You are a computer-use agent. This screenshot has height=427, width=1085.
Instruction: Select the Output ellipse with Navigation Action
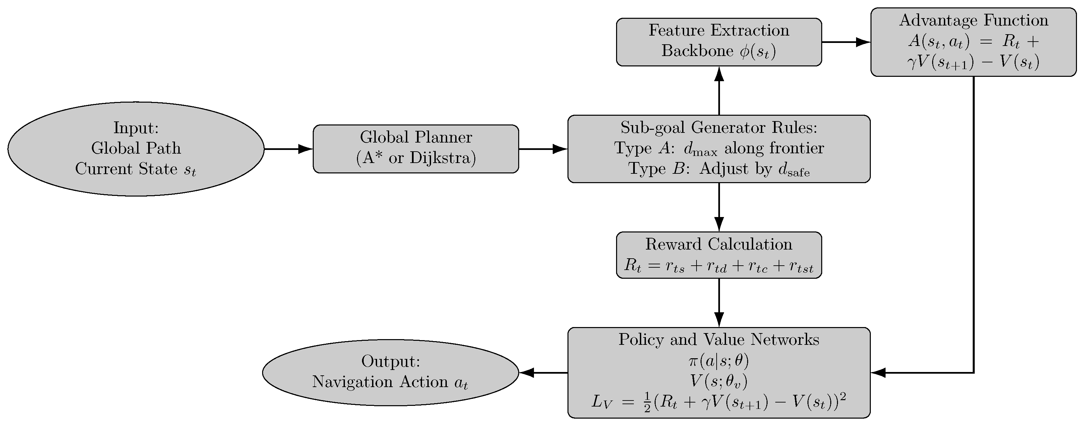390,372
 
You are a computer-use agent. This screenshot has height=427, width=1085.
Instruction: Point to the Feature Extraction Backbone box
719,41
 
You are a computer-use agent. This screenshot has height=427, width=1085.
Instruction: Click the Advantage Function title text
973,20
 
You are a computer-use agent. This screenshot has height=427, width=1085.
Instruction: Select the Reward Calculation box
719,255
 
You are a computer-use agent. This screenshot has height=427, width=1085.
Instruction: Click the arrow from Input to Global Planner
289,149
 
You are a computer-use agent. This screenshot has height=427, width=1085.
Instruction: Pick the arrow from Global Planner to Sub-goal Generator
543,149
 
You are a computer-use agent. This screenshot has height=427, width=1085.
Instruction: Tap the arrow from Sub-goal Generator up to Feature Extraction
719,91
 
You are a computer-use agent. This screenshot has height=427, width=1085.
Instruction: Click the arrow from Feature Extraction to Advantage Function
846,42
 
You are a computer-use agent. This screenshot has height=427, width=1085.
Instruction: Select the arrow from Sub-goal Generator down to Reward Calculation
719,207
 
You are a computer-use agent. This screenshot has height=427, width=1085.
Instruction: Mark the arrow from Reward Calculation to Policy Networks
719,302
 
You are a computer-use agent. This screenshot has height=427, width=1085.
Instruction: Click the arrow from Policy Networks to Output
543,372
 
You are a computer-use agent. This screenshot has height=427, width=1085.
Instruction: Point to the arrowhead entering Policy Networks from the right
878,372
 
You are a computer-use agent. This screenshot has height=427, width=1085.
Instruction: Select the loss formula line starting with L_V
719,403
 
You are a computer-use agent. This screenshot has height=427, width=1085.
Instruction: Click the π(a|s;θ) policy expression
719,361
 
